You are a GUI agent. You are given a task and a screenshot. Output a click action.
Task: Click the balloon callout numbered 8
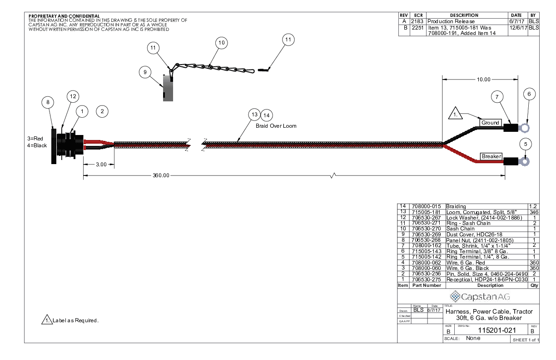click(x=48, y=102)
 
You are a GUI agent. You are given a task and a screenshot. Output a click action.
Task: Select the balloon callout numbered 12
click(x=73, y=96)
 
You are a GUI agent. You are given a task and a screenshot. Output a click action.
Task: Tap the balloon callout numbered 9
click(x=145, y=72)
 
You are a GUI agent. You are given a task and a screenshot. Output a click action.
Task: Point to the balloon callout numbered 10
click(x=221, y=43)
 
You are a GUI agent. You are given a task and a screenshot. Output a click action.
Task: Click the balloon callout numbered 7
click(x=497, y=96)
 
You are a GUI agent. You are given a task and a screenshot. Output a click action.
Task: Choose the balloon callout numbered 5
click(x=526, y=144)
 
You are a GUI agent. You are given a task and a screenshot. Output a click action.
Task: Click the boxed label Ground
click(x=490, y=123)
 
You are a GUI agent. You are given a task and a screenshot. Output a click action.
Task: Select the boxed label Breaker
click(x=491, y=156)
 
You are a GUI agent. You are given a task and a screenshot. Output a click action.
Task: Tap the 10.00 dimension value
click(x=483, y=80)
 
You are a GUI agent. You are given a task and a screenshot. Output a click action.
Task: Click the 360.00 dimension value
click(x=161, y=175)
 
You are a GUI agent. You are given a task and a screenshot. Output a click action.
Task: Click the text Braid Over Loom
click(x=279, y=126)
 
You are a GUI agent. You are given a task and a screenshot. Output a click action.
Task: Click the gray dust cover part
click(x=168, y=89)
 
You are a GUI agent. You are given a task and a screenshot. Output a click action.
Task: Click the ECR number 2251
click(x=417, y=28)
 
